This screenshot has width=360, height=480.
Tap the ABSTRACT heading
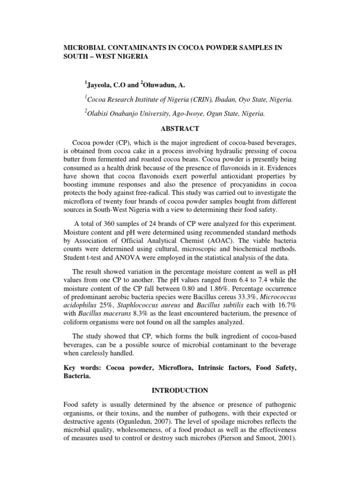(180, 129)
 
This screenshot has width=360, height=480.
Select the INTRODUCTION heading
(180, 390)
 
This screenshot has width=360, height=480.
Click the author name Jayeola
(101, 85)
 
